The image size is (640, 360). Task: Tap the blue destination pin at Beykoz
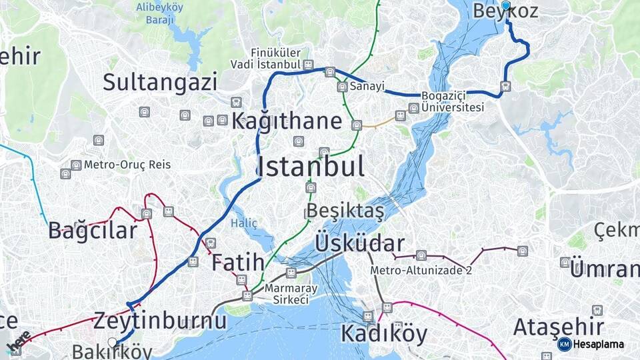click(506, 6)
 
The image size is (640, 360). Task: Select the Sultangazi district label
click(160, 83)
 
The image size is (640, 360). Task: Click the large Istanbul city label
click(311, 167)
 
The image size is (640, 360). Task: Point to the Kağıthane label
click(287, 121)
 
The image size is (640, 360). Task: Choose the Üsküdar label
click(360, 243)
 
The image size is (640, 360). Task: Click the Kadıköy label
click(384, 334)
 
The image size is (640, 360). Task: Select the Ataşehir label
click(559, 327)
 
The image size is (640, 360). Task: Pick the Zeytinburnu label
click(160, 321)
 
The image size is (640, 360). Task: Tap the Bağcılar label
click(93, 231)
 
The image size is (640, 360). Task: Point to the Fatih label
click(238, 263)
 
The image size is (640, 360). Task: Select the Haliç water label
click(244, 223)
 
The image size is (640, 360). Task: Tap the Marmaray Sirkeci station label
click(291, 294)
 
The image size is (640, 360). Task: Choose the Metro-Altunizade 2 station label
click(421, 270)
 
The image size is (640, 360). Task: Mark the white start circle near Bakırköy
click(113, 343)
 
